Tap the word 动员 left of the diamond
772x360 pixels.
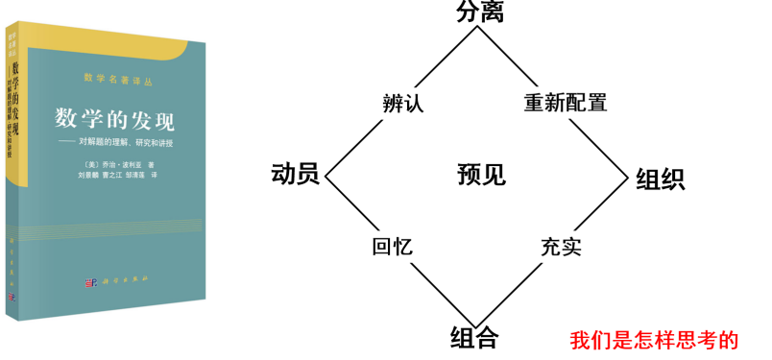[296, 174]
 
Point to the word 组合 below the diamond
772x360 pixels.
[474, 337]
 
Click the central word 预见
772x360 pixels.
[481, 175]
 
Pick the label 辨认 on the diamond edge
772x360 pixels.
[403, 104]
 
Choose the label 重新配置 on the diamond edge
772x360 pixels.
[566, 103]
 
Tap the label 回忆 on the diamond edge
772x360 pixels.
[392, 246]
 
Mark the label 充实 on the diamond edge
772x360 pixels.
[561, 246]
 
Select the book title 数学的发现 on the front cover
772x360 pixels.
[114, 121]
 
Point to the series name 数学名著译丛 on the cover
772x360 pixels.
[119, 76]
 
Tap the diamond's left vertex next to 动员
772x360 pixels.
[326, 176]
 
